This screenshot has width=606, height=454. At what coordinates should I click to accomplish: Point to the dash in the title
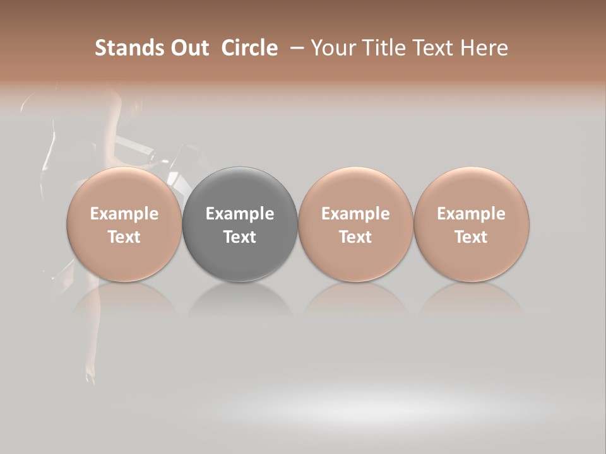(x=295, y=48)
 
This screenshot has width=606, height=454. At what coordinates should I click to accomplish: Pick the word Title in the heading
(x=385, y=48)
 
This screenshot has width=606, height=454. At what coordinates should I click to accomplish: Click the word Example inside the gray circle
(x=240, y=214)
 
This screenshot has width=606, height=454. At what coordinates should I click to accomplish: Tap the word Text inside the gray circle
(x=240, y=237)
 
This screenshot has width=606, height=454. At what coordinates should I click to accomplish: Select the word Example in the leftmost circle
(x=124, y=214)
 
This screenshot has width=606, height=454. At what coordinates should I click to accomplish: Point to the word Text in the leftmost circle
(x=124, y=237)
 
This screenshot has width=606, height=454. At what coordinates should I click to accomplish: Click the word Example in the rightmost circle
(x=472, y=214)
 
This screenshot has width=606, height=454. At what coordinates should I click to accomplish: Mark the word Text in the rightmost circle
(x=472, y=237)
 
